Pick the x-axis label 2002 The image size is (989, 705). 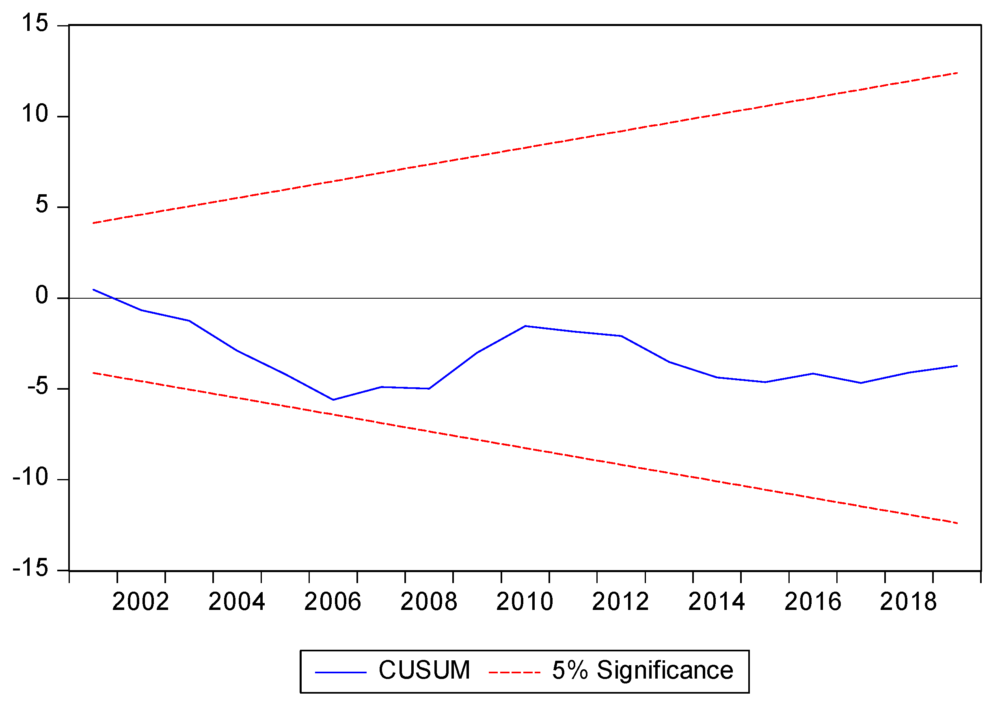[140, 602]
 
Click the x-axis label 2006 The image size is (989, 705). [333, 602]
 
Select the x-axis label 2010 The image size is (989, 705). [525, 602]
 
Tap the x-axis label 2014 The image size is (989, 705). [717, 602]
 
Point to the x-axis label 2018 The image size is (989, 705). [908, 602]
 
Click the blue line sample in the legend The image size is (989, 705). [341, 672]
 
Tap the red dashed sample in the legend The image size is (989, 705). [514, 672]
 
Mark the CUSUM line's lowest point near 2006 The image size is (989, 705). [333, 400]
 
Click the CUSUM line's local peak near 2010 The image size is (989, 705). [525, 326]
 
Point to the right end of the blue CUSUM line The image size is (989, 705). [957, 366]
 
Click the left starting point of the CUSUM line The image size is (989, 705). [93, 290]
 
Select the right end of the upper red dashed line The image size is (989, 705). [957, 73]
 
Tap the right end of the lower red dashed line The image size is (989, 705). [957, 523]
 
